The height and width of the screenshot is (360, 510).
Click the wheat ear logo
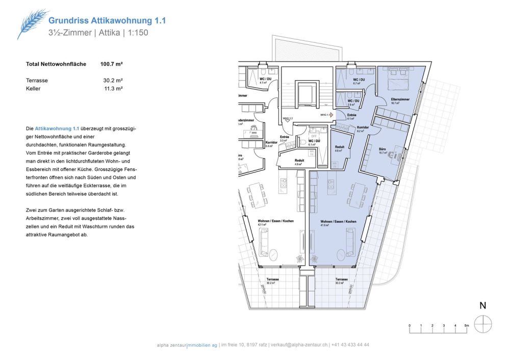click(32, 23)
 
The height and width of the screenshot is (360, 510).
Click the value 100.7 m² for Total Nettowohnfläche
click(112, 65)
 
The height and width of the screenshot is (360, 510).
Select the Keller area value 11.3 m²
click(113, 88)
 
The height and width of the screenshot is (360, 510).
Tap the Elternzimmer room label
click(400, 99)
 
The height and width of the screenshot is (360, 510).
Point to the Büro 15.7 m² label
click(384, 151)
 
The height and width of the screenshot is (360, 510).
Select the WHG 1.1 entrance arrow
click(331, 115)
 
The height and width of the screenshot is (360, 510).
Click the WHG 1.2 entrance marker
click(288, 118)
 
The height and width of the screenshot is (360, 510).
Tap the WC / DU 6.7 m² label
click(359, 81)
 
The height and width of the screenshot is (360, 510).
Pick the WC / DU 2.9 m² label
click(353, 101)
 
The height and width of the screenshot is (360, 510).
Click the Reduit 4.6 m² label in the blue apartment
click(339, 148)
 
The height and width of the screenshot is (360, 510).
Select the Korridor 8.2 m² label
click(363, 130)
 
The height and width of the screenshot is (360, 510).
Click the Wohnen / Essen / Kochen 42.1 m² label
click(268, 223)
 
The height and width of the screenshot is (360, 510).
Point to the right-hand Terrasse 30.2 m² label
click(341, 280)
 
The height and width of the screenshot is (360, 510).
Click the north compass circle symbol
click(482, 324)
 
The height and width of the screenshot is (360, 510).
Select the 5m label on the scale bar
click(466, 325)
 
